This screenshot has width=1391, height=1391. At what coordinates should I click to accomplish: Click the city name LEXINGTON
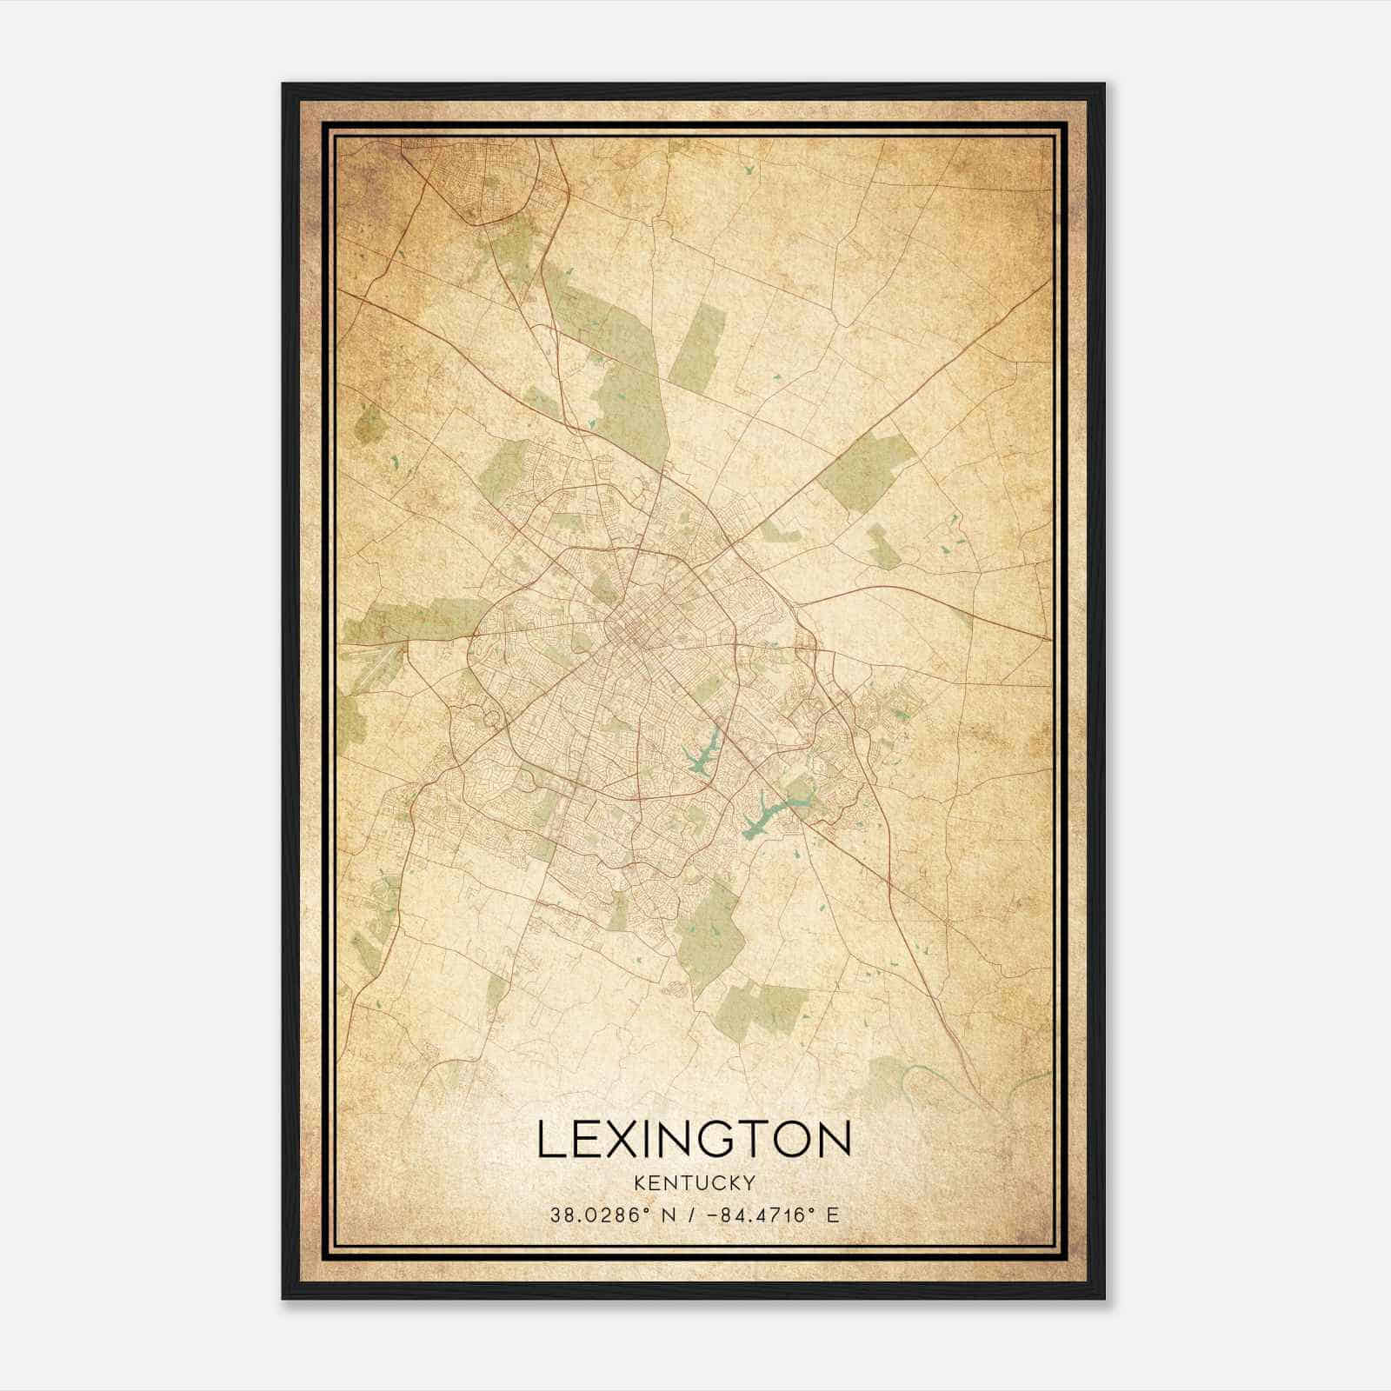pyautogui.click(x=694, y=1139)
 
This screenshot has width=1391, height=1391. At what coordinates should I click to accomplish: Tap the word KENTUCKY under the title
pyautogui.click(x=694, y=1182)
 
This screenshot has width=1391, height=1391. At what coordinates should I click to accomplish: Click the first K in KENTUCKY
pyautogui.click(x=640, y=1182)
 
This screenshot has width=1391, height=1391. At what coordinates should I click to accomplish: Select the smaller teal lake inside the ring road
pyautogui.click(x=705, y=753)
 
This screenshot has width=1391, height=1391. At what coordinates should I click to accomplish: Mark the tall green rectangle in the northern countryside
pyautogui.click(x=697, y=348)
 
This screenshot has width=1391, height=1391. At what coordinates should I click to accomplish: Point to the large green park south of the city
pyautogui.click(x=711, y=935)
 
